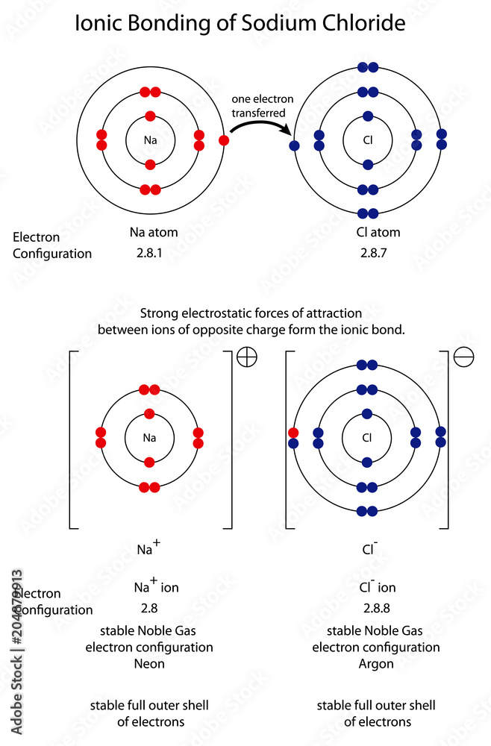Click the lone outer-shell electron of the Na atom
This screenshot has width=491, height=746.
pos(223,140)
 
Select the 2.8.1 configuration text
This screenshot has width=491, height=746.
pos(150,254)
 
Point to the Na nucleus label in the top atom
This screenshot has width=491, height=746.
pos(150,140)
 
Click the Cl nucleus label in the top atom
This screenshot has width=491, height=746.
pos(367,140)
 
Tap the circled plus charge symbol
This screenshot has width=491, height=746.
pos(246,358)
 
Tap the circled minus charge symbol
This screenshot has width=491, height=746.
pos(464,358)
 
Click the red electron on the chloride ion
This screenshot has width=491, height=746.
pos(293,433)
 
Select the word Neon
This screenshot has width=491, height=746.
pos(150,662)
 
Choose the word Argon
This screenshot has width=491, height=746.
pos(376,662)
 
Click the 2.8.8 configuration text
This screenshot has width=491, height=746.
pos(377,608)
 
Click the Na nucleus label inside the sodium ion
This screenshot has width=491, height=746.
pos(149,438)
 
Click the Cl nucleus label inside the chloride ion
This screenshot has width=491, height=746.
pos(367,438)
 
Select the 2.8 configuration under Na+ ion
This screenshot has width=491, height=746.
pos(149,608)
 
